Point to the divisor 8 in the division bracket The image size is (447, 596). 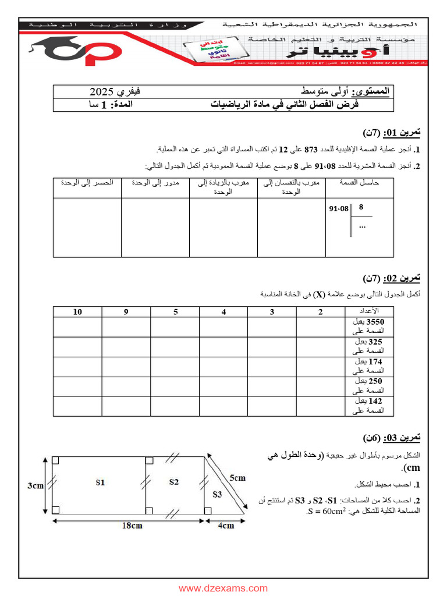pyautogui.click(x=361, y=207)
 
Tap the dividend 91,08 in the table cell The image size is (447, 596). pyautogui.click(x=339, y=208)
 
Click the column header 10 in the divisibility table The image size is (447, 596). pyautogui.click(x=77, y=312)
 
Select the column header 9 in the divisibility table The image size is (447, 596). pyautogui.click(x=126, y=312)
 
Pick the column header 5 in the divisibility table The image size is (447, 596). pyautogui.click(x=175, y=312)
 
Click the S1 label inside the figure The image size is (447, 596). pyautogui.click(x=100, y=482)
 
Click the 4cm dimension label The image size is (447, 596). pyautogui.click(x=226, y=525)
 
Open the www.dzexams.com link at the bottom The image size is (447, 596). pyautogui.click(x=223, y=588)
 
